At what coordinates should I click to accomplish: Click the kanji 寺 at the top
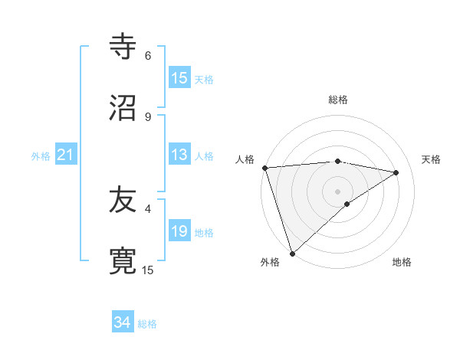(x=123, y=47)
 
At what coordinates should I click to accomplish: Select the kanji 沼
(x=123, y=107)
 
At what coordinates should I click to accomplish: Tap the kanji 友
(x=123, y=200)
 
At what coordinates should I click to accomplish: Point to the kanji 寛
(x=123, y=260)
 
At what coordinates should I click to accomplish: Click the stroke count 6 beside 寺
(x=148, y=56)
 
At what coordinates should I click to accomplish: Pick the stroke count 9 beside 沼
(x=148, y=116)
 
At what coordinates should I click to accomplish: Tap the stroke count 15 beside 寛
(x=148, y=270)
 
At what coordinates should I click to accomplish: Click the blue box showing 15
(x=179, y=78)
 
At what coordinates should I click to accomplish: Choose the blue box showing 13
(x=179, y=155)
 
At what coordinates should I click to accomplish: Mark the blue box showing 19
(x=179, y=231)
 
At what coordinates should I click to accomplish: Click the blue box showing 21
(x=66, y=155)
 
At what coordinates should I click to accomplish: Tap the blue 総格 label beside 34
(x=147, y=324)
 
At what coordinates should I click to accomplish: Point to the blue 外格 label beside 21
(x=41, y=156)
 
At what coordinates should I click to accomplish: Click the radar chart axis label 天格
(x=432, y=159)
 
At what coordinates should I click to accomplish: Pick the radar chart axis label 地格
(x=402, y=262)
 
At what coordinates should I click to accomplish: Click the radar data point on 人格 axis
(x=264, y=168)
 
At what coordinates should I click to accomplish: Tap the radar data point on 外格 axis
(x=292, y=253)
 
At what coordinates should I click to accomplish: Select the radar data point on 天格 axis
(x=396, y=172)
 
